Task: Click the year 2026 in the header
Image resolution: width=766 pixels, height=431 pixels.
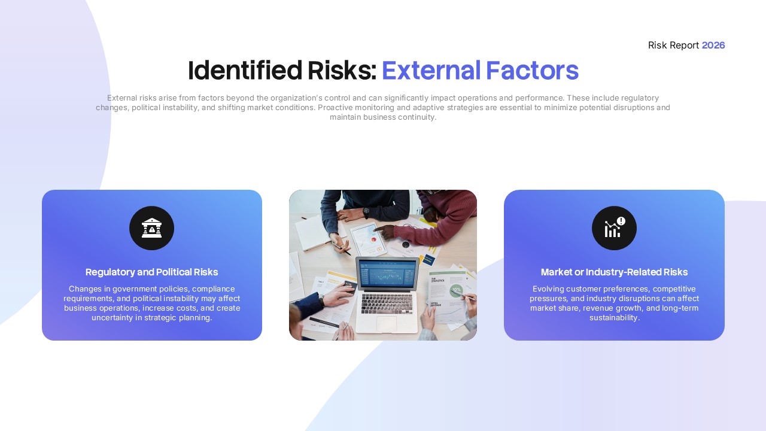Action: pos(713,45)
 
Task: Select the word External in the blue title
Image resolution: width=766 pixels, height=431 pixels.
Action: pos(431,71)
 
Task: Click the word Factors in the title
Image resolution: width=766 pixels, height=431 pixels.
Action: pos(531,71)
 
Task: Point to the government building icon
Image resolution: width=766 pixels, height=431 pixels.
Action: pos(151,228)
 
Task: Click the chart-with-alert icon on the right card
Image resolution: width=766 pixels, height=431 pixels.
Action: pos(614,228)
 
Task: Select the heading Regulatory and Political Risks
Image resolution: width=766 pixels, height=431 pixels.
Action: pos(151,272)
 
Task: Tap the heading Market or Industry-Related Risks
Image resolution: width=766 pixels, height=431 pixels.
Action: pos(614,272)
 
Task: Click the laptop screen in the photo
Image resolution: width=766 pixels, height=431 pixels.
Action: pos(387,276)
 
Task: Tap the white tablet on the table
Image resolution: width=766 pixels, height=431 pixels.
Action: pos(369,239)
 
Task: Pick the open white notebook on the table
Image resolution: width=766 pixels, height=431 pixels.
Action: pos(314,232)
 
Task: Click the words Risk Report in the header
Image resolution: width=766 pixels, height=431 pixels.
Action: pos(673,45)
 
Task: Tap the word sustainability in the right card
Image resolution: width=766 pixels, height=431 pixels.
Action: pos(614,318)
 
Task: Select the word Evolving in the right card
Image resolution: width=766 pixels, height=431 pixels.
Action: pos(548,289)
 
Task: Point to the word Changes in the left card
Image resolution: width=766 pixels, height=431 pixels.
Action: pos(85,289)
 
